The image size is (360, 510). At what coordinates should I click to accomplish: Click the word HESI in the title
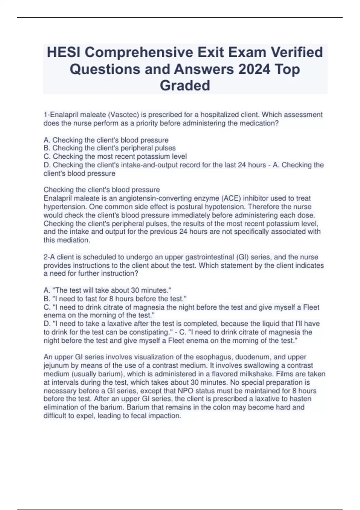tap(63, 52)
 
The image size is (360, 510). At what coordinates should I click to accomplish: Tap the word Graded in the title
tap(185, 85)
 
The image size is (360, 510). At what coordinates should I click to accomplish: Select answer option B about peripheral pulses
tap(109, 148)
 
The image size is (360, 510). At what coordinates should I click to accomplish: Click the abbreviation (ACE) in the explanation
tap(233, 198)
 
